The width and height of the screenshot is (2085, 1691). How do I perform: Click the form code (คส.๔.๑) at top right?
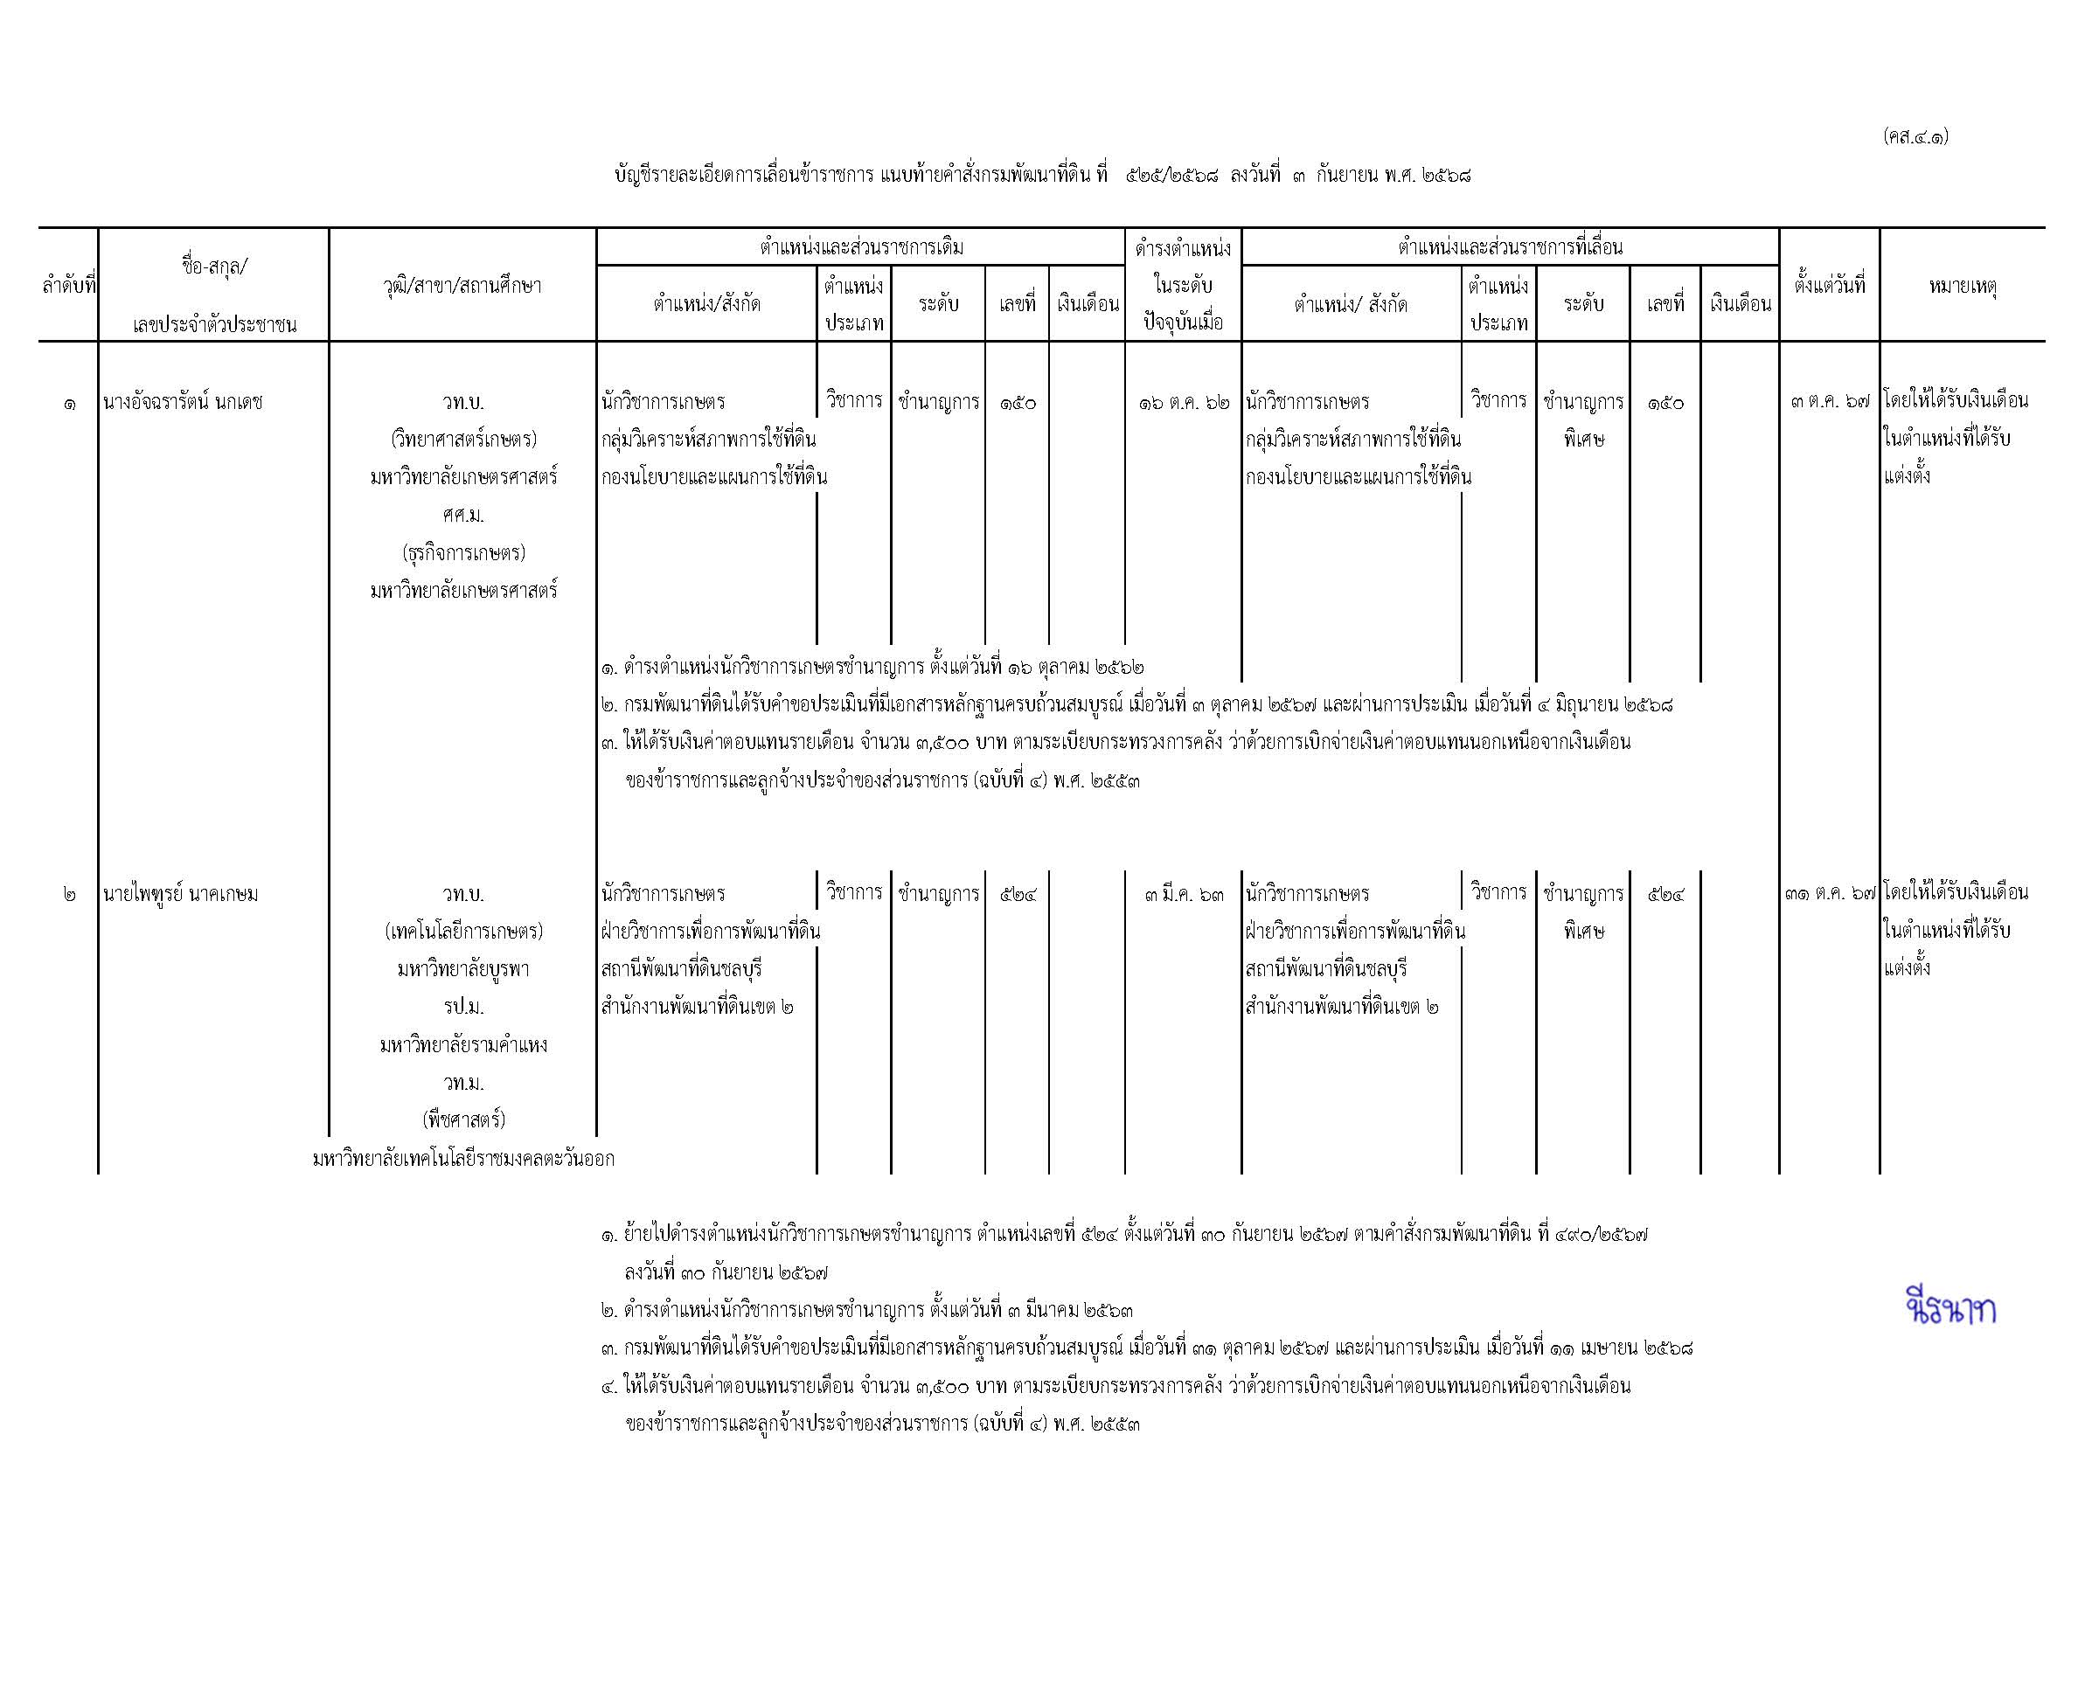pos(1915,136)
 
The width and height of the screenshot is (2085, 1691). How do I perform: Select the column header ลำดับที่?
pos(68,287)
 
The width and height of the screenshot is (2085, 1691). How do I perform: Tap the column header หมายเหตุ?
pos(1963,287)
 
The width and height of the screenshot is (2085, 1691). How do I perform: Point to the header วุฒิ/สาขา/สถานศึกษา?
pos(462,287)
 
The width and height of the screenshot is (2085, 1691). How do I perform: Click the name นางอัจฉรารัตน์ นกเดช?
pos(184,401)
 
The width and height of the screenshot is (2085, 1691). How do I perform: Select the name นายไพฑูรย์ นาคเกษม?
pos(181,893)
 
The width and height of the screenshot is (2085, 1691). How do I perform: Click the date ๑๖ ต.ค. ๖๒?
pos(1184,401)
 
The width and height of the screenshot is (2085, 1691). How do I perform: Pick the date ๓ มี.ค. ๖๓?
pos(1184,893)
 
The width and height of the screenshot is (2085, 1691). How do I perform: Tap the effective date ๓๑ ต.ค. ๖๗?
pos(1830,893)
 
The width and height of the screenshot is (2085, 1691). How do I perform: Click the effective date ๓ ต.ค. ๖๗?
pos(1830,401)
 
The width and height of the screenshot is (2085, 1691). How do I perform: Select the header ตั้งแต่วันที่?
pos(1829,287)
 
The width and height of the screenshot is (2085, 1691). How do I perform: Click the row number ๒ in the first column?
pos(68,893)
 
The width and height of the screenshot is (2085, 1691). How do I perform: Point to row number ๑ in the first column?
pos(68,402)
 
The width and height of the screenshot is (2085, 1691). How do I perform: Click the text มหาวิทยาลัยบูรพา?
pos(462,969)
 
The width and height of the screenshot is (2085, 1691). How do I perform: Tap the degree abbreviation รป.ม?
pos(462,1006)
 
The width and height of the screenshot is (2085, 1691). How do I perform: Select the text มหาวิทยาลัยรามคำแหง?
pos(462,1044)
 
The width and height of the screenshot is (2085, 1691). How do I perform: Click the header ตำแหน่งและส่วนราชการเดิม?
pos(861,247)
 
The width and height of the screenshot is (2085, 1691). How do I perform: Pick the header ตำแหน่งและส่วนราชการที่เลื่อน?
pos(1510,247)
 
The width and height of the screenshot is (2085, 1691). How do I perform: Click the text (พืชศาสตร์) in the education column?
pos(462,1120)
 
